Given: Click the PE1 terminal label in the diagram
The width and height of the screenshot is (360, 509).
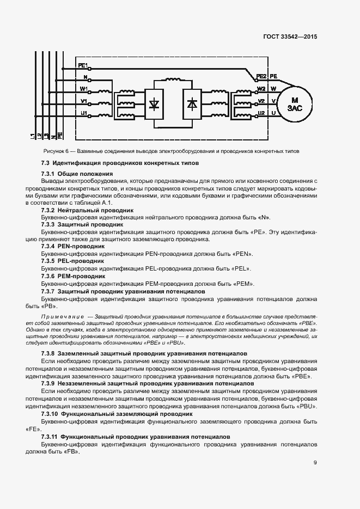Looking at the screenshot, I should point(83,65).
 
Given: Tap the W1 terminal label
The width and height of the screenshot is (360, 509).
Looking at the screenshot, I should point(83,88).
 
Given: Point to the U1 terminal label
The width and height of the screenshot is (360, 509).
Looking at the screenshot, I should point(83,112).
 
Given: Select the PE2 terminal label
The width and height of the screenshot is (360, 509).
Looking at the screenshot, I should point(261,76).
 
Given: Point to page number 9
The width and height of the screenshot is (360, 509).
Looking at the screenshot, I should point(315,463).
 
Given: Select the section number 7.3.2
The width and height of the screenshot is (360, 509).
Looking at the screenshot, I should point(50,210).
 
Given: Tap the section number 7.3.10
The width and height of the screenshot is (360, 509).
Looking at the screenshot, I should point(52,414).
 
